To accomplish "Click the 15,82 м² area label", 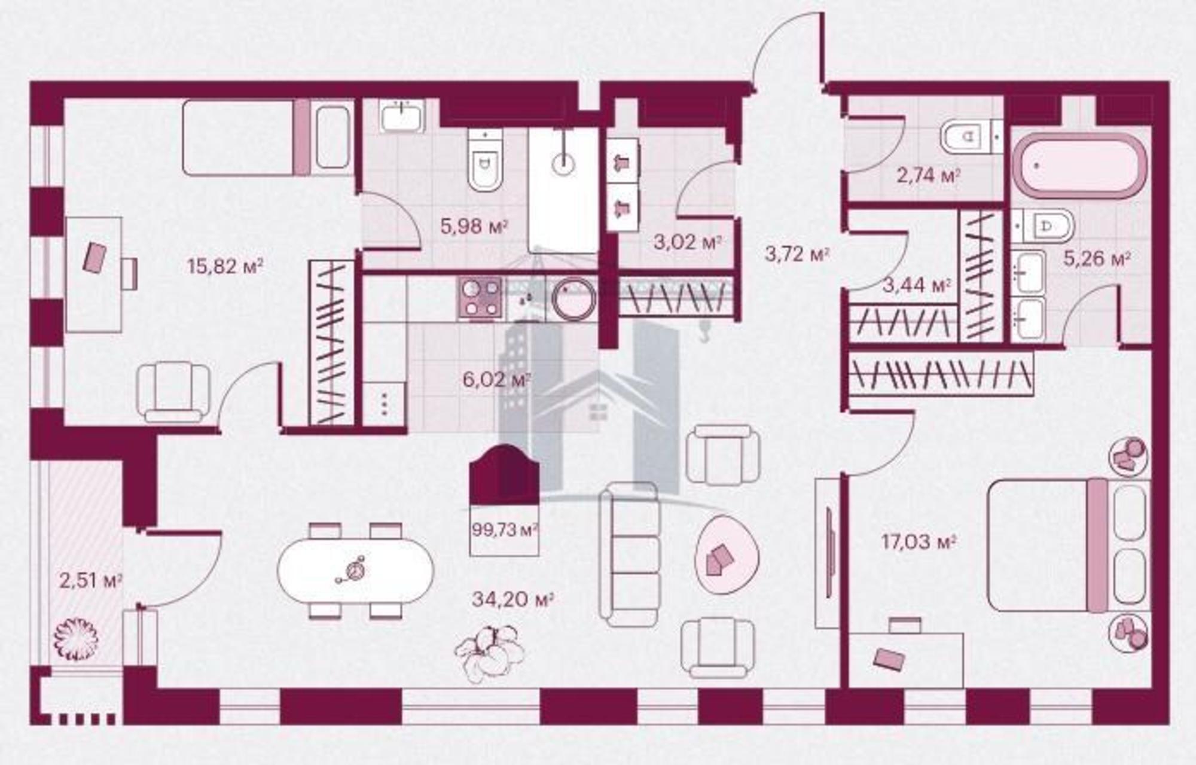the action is point(225,266).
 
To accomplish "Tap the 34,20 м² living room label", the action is point(512,599).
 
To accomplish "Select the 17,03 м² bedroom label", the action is point(919,542).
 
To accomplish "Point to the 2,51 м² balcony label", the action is point(91,580).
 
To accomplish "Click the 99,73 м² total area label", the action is point(505,530).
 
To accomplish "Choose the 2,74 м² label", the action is point(929,176).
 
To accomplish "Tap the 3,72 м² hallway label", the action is point(797,254).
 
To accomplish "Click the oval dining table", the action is point(356,570).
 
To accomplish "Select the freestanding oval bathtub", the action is point(1081,166).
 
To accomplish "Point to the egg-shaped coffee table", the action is point(727,554).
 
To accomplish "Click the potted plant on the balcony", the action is point(75,639).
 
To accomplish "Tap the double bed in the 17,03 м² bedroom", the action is point(1068,545).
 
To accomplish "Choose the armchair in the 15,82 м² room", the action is point(173,392).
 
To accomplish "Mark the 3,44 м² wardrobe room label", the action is point(916,285).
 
